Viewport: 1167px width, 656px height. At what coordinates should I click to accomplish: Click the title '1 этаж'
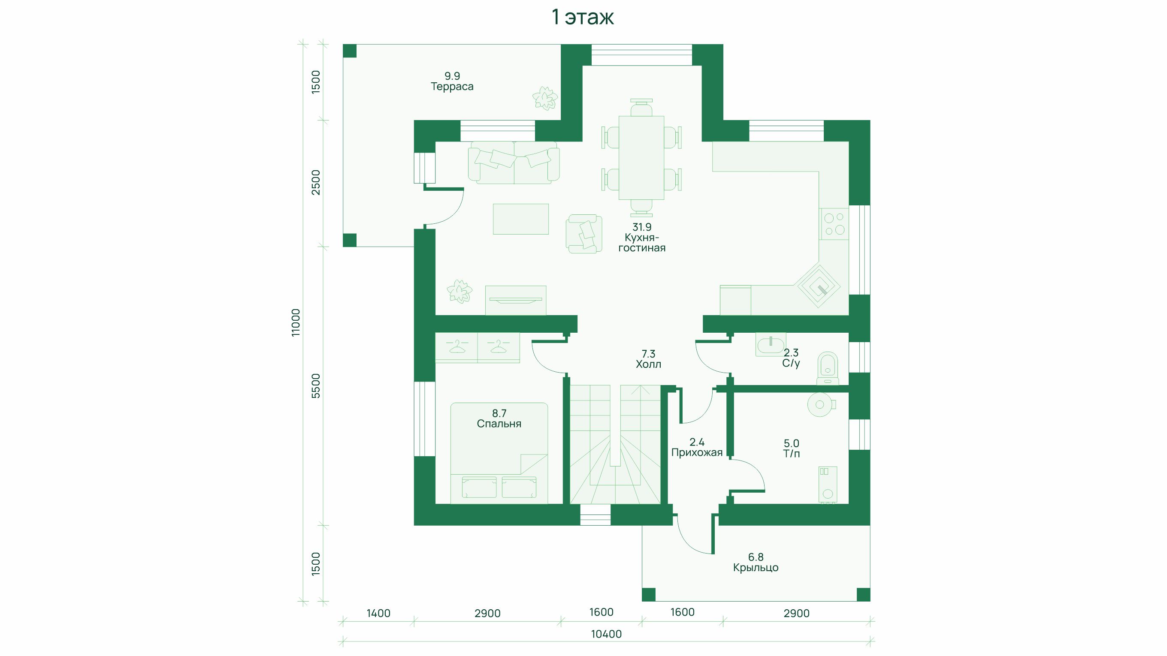(583, 17)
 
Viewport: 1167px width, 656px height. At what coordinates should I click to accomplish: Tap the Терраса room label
(452, 87)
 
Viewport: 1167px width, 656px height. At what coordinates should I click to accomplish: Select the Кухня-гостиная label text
(642, 243)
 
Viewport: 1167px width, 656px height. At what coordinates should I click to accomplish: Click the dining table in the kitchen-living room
(641, 157)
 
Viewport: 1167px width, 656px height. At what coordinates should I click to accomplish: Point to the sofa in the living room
(514, 162)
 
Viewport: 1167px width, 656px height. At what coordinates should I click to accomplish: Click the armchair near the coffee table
(584, 234)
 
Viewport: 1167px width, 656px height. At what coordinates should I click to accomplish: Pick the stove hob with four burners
(834, 224)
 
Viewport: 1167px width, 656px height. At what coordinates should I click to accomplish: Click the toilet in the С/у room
(828, 368)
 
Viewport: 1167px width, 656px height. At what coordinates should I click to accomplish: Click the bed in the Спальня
(499, 453)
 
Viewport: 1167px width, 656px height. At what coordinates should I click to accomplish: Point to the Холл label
(648, 364)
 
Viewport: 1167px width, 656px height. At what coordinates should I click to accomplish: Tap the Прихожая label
(697, 453)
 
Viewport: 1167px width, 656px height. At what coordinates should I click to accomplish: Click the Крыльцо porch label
(756, 568)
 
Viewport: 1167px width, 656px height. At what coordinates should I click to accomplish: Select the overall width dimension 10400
(606, 634)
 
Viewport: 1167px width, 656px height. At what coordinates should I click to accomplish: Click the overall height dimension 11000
(295, 322)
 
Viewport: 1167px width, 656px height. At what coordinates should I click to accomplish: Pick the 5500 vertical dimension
(316, 386)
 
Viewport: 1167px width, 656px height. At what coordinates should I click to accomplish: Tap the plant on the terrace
(544, 98)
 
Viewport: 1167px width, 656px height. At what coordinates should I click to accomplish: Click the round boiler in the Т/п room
(819, 404)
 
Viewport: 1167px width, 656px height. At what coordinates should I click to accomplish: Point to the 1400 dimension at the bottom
(378, 614)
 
